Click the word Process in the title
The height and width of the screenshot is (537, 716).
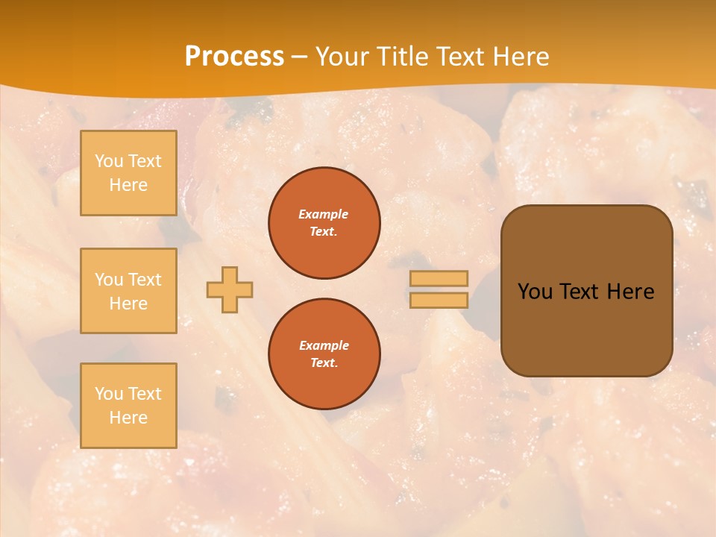(234, 57)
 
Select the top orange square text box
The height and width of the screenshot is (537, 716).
(128, 173)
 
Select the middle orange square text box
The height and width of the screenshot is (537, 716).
(128, 291)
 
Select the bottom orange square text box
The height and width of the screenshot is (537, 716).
(128, 406)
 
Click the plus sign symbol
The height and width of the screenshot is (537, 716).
(230, 289)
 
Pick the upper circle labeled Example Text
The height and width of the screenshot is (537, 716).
(324, 223)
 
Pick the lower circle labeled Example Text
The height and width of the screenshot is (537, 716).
(324, 354)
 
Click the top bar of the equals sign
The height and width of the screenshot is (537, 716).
(439, 279)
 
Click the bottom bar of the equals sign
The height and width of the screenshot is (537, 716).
(439, 301)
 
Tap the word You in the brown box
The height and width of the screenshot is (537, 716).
(534, 292)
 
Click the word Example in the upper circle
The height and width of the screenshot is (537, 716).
(324, 214)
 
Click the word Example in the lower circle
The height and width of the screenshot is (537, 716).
(324, 345)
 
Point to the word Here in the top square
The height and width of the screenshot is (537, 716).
(128, 185)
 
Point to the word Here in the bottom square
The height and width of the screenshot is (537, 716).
(128, 418)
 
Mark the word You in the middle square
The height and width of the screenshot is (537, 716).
(108, 280)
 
